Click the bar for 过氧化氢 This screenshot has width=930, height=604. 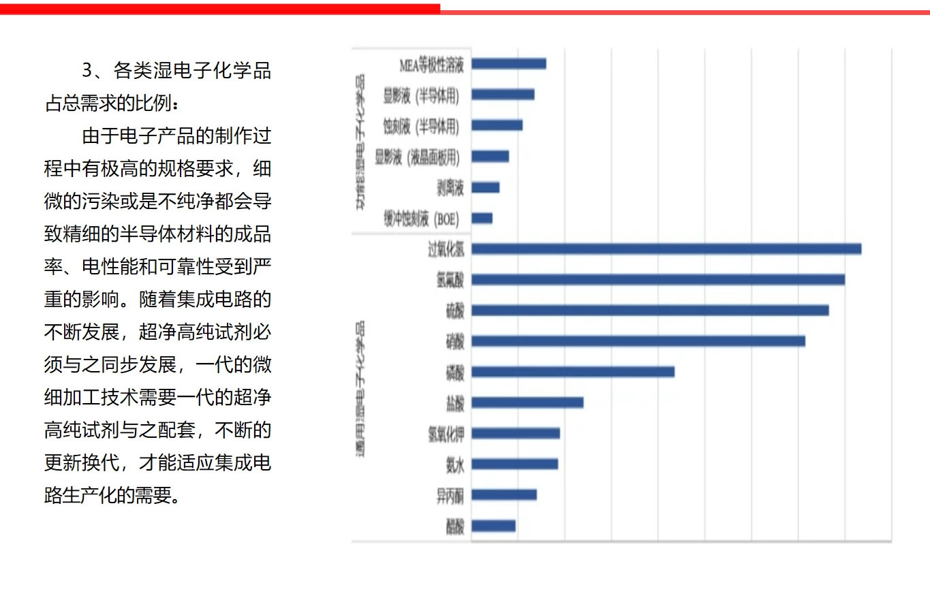coord(666,249)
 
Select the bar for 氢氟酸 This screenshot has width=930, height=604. coord(657,279)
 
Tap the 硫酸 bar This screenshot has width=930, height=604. coord(649,311)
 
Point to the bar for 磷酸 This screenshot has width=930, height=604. coord(572,372)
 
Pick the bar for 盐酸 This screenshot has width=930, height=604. coord(527,402)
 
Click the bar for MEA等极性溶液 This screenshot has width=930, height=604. coord(508,64)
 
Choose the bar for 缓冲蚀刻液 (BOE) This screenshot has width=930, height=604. coord(482,219)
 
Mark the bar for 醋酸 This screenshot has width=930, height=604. coord(493,526)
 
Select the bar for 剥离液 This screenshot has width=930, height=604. coord(485,187)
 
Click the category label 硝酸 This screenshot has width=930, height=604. coord(454,341)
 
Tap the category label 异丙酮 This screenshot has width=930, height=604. coord(450,495)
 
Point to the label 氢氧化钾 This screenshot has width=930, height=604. coord(446,434)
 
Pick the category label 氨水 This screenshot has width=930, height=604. coord(454,464)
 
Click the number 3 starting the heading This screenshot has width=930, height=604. coord(87,70)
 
